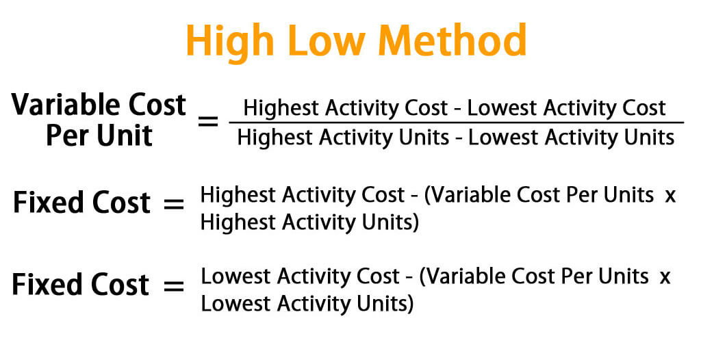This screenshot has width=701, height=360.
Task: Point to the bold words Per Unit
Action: pos(99,135)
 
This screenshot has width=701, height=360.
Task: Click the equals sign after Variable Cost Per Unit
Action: pos(208,122)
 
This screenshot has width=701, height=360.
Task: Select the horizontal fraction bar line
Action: pos(456,123)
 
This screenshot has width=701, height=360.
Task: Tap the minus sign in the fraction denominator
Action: pos(459,138)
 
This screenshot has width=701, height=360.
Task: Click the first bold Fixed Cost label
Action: pos(81,203)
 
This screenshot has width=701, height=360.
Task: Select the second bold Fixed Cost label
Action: pos(81,284)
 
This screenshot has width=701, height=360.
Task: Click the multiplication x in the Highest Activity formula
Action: pos(670,196)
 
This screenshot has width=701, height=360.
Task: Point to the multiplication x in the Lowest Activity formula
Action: pos(665,277)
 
